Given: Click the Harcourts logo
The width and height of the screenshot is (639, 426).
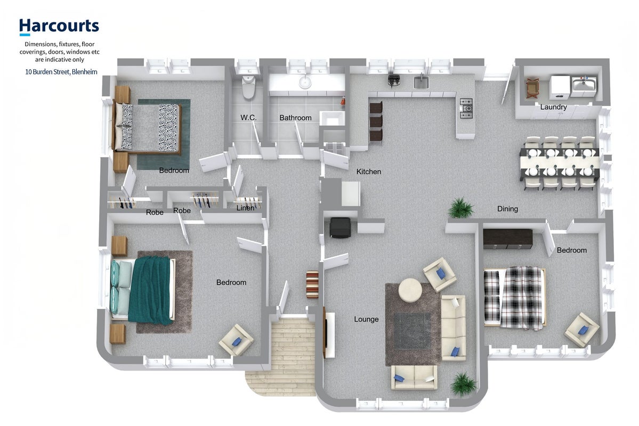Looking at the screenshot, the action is (x=59, y=27).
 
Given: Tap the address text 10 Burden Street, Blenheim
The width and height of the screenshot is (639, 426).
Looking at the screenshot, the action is (x=61, y=72).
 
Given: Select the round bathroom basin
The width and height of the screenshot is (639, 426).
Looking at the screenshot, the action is (x=305, y=82).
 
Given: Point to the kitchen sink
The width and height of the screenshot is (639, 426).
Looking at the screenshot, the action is (x=422, y=82).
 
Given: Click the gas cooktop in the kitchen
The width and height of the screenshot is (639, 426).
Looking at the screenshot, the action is (x=466, y=108).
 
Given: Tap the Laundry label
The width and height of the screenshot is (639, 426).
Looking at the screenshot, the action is (x=553, y=107).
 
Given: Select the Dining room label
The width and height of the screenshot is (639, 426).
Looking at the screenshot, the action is (x=507, y=209).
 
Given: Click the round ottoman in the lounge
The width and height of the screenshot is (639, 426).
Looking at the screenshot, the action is (x=410, y=290).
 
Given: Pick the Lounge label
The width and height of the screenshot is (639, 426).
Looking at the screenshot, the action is (x=366, y=319).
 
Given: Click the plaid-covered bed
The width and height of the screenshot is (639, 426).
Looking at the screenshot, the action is (x=515, y=297).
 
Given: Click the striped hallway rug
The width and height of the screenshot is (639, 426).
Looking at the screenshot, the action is (x=312, y=284).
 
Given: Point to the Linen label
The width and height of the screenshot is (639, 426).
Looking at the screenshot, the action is (x=245, y=208).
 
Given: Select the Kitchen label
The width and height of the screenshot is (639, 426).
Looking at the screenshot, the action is (x=369, y=172).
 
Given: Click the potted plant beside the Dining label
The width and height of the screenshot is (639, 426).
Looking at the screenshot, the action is (x=461, y=208).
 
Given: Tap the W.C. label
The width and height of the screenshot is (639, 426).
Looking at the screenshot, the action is (x=248, y=118).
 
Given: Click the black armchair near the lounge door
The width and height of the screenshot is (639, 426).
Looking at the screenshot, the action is (x=340, y=227).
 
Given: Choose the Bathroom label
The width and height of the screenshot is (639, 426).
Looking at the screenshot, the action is (x=295, y=118).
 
